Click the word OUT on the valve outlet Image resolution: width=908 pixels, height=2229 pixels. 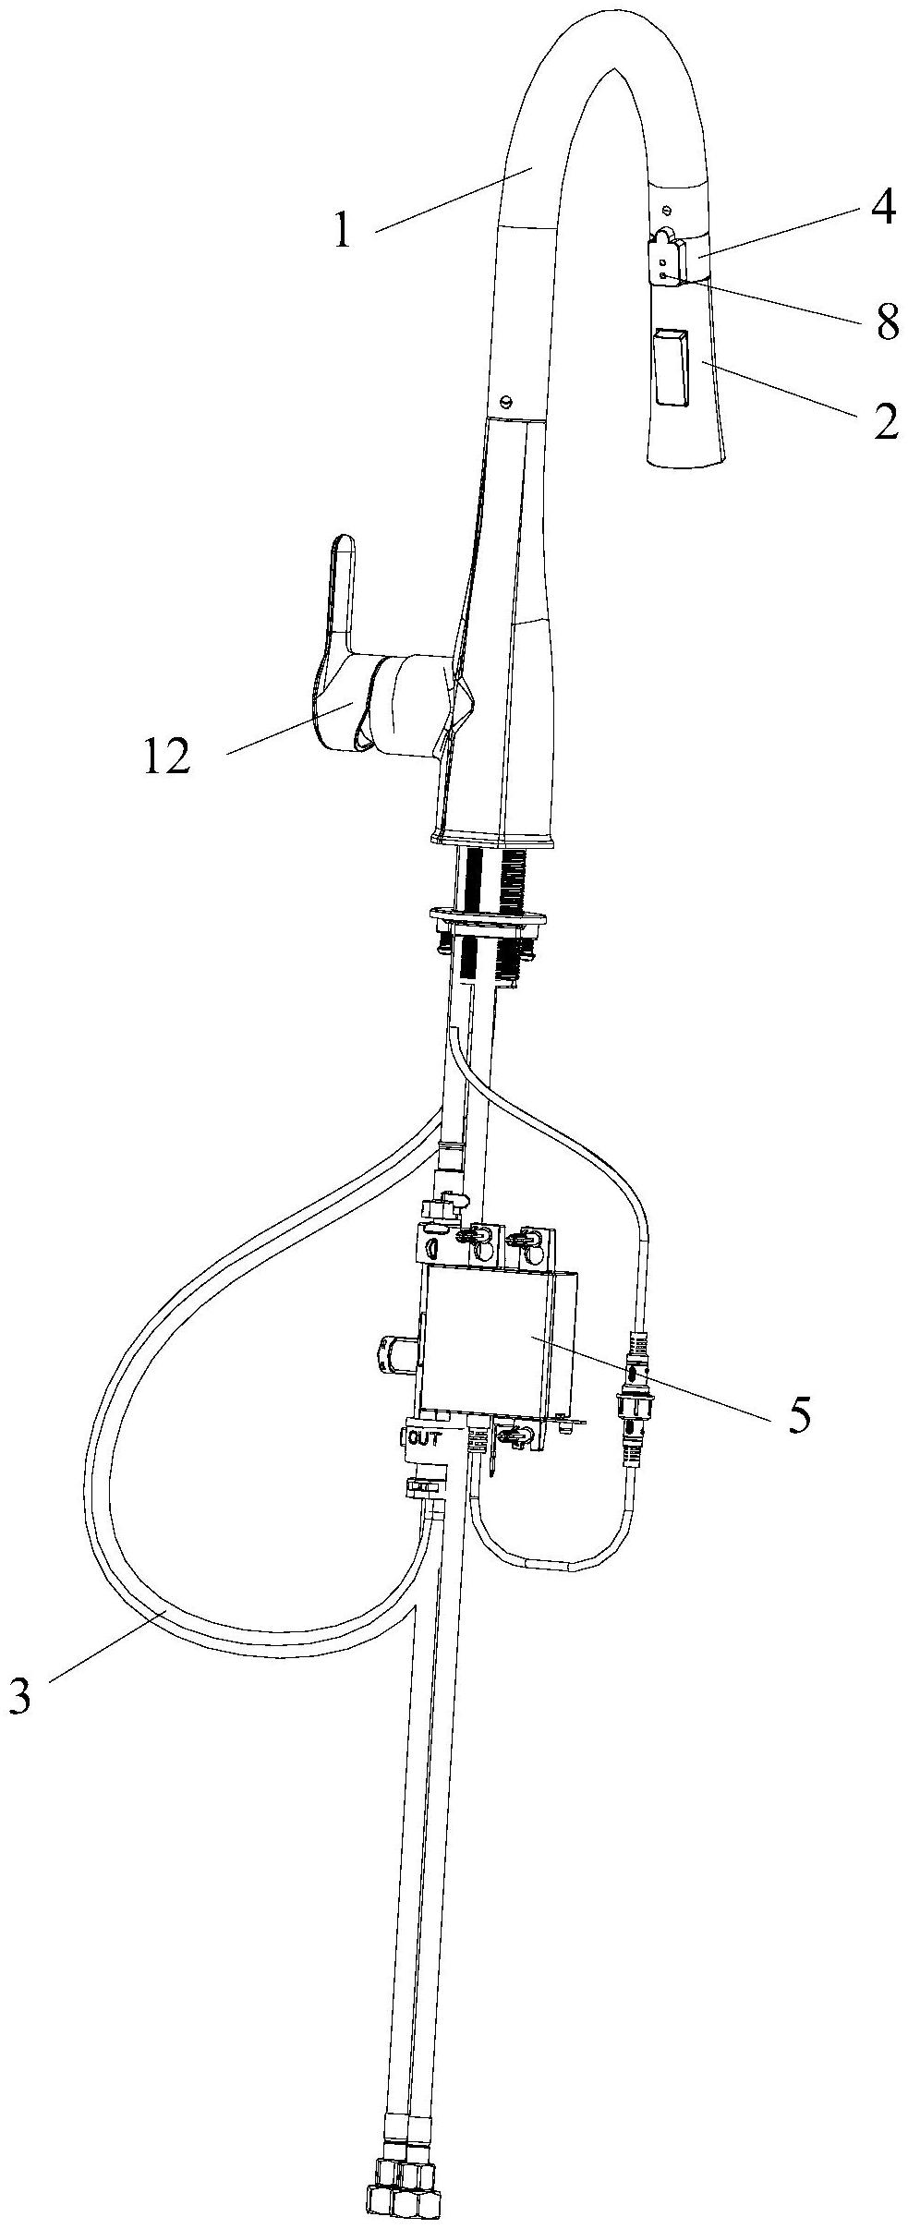click(x=424, y=1437)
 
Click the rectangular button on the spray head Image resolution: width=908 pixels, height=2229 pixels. click(x=671, y=367)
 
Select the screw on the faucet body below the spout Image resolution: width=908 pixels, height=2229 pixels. click(x=504, y=401)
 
